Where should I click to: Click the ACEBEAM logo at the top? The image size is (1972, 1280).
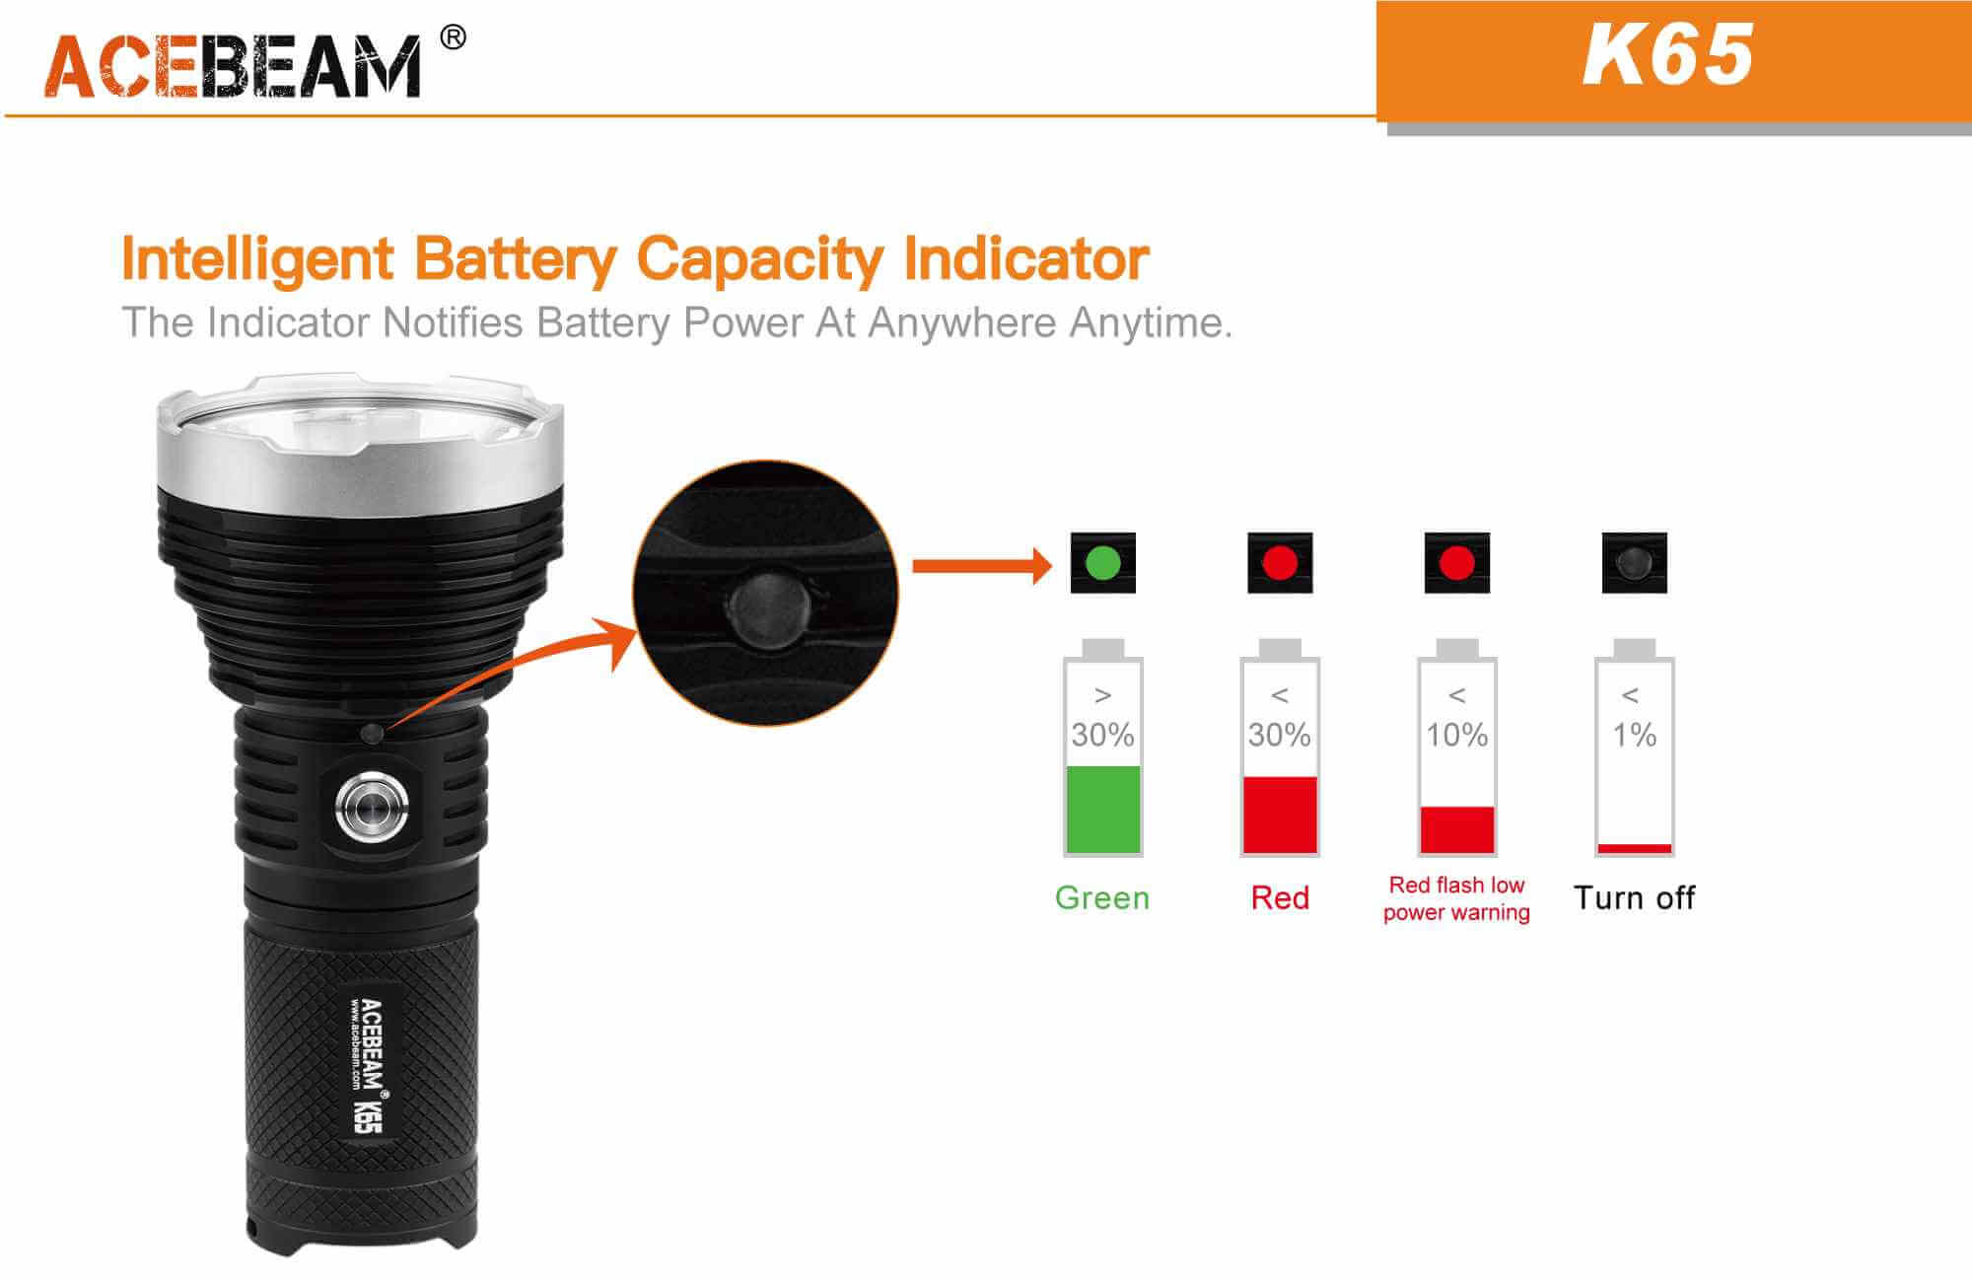[x=233, y=66]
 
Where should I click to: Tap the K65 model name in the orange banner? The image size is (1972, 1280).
[x=1667, y=55]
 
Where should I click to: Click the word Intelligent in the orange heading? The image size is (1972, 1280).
[x=257, y=259]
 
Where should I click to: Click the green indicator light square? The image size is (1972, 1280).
[x=1102, y=563]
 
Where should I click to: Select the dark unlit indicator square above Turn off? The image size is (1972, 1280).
[x=1634, y=563]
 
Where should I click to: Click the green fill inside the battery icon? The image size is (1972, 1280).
[x=1103, y=809]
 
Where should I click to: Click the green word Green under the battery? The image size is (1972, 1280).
[x=1102, y=897]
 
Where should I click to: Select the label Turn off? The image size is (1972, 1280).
[x=1634, y=897]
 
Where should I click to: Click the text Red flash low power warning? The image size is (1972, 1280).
[x=1456, y=898]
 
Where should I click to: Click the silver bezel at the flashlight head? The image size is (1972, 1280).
[x=360, y=449]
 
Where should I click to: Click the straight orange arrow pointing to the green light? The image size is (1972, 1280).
[x=982, y=566]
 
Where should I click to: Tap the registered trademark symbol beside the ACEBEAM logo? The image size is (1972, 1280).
[x=453, y=37]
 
